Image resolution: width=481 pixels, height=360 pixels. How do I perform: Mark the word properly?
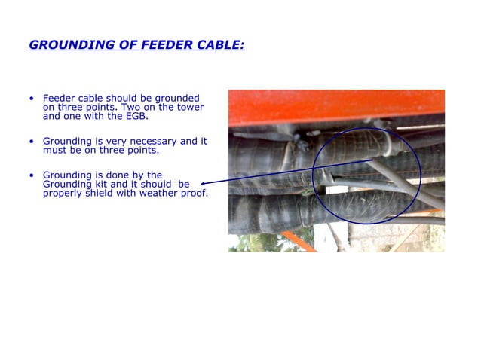[x=61, y=194]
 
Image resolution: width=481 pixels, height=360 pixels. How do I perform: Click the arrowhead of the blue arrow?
[x=204, y=182]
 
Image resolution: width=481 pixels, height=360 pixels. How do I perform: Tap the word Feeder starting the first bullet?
[x=59, y=99]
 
